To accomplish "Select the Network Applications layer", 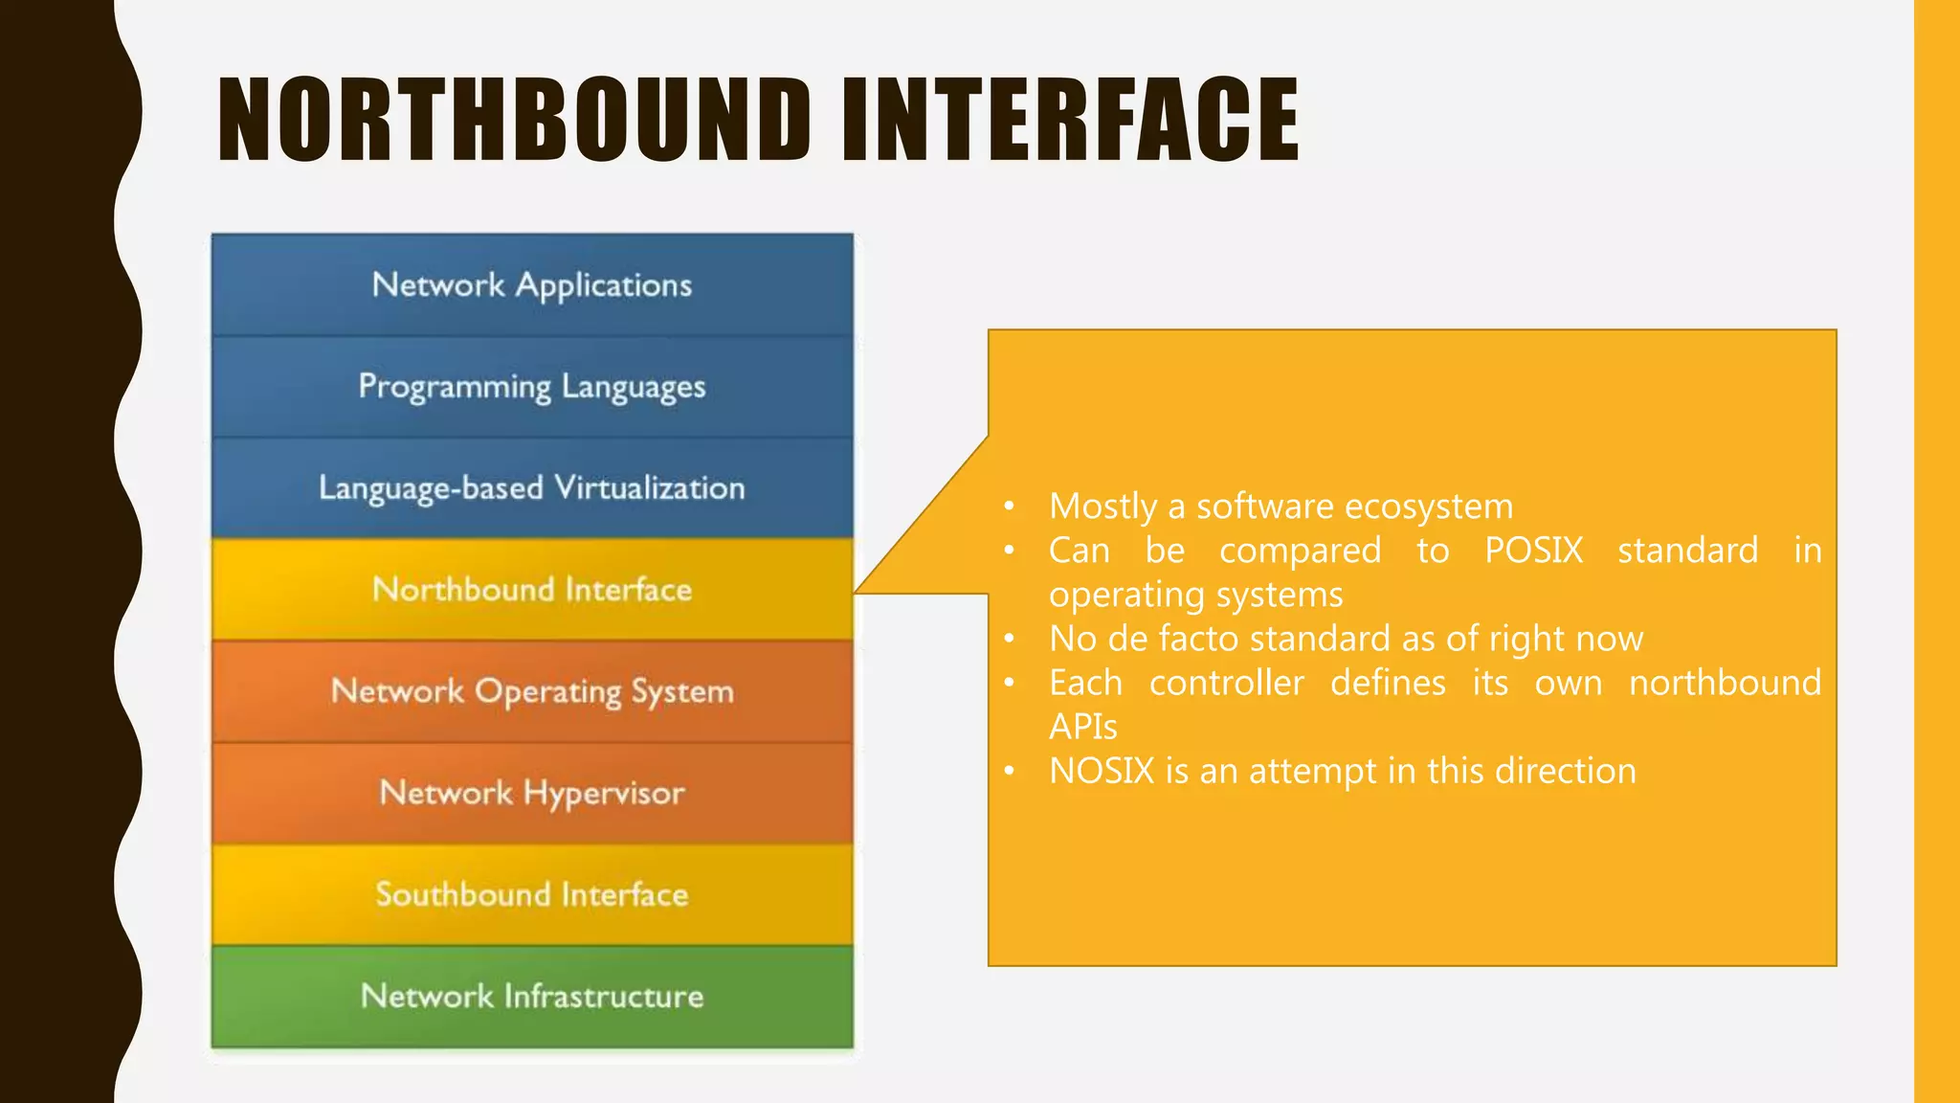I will [532, 285].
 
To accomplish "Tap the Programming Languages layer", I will [532, 387].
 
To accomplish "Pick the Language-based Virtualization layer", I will [532, 488].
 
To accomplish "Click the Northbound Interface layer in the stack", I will [532, 590].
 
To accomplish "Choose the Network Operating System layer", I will [532, 691].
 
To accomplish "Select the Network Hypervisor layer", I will [532, 793].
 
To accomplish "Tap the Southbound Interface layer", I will [532, 894].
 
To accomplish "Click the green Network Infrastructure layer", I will [532, 996].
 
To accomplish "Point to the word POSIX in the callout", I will [1534, 551].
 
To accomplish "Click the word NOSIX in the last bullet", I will [1102, 771].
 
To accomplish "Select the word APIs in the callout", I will [1082, 727].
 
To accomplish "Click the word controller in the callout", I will [1226, 683].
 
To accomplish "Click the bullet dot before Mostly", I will [1009, 506].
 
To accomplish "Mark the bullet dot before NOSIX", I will [1009, 771].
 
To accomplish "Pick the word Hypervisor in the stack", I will [604, 794].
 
